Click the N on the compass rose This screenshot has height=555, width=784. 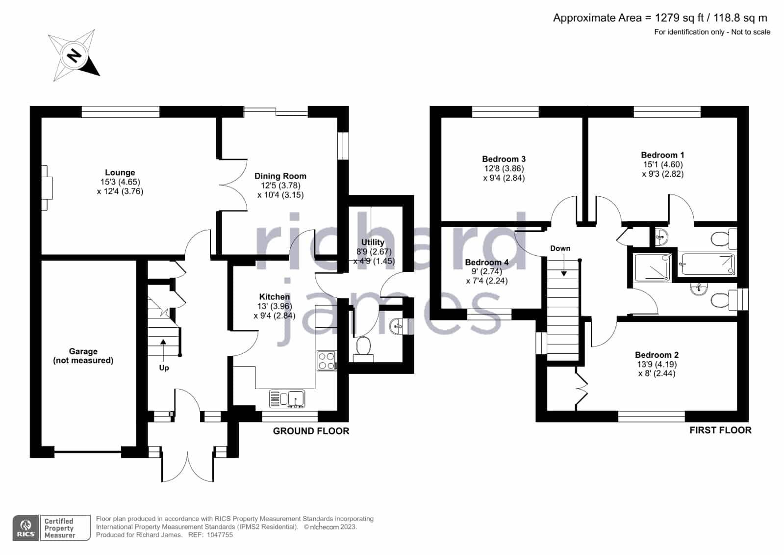(x=74, y=55)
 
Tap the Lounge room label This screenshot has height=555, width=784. (x=120, y=172)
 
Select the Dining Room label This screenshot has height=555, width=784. (x=280, y=176)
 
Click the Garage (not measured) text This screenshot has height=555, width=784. (x=83, y=356)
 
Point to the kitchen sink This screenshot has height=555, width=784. (x=287, y=399)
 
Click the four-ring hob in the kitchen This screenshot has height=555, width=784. (x=327, y=361)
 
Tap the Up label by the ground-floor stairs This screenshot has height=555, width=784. (x=164, y=368)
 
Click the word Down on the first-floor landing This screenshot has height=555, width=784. (x=560, y=248)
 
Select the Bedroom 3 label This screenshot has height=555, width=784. (x=504, y=159)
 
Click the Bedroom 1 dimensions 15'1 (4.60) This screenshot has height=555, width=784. (x=663, y=164)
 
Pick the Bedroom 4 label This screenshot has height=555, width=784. (x=487, y=262)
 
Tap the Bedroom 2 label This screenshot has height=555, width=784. (x=657, y=355)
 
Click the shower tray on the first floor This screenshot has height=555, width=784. (x=653, y=267)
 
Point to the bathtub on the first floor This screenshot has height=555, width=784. (x=708, y=264)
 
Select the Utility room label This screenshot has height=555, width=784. (x=373, y=242)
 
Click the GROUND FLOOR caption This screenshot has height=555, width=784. (x=311, y=431)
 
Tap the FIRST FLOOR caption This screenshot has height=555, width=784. (x=721, y=431)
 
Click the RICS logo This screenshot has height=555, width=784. (x=25, y=528)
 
